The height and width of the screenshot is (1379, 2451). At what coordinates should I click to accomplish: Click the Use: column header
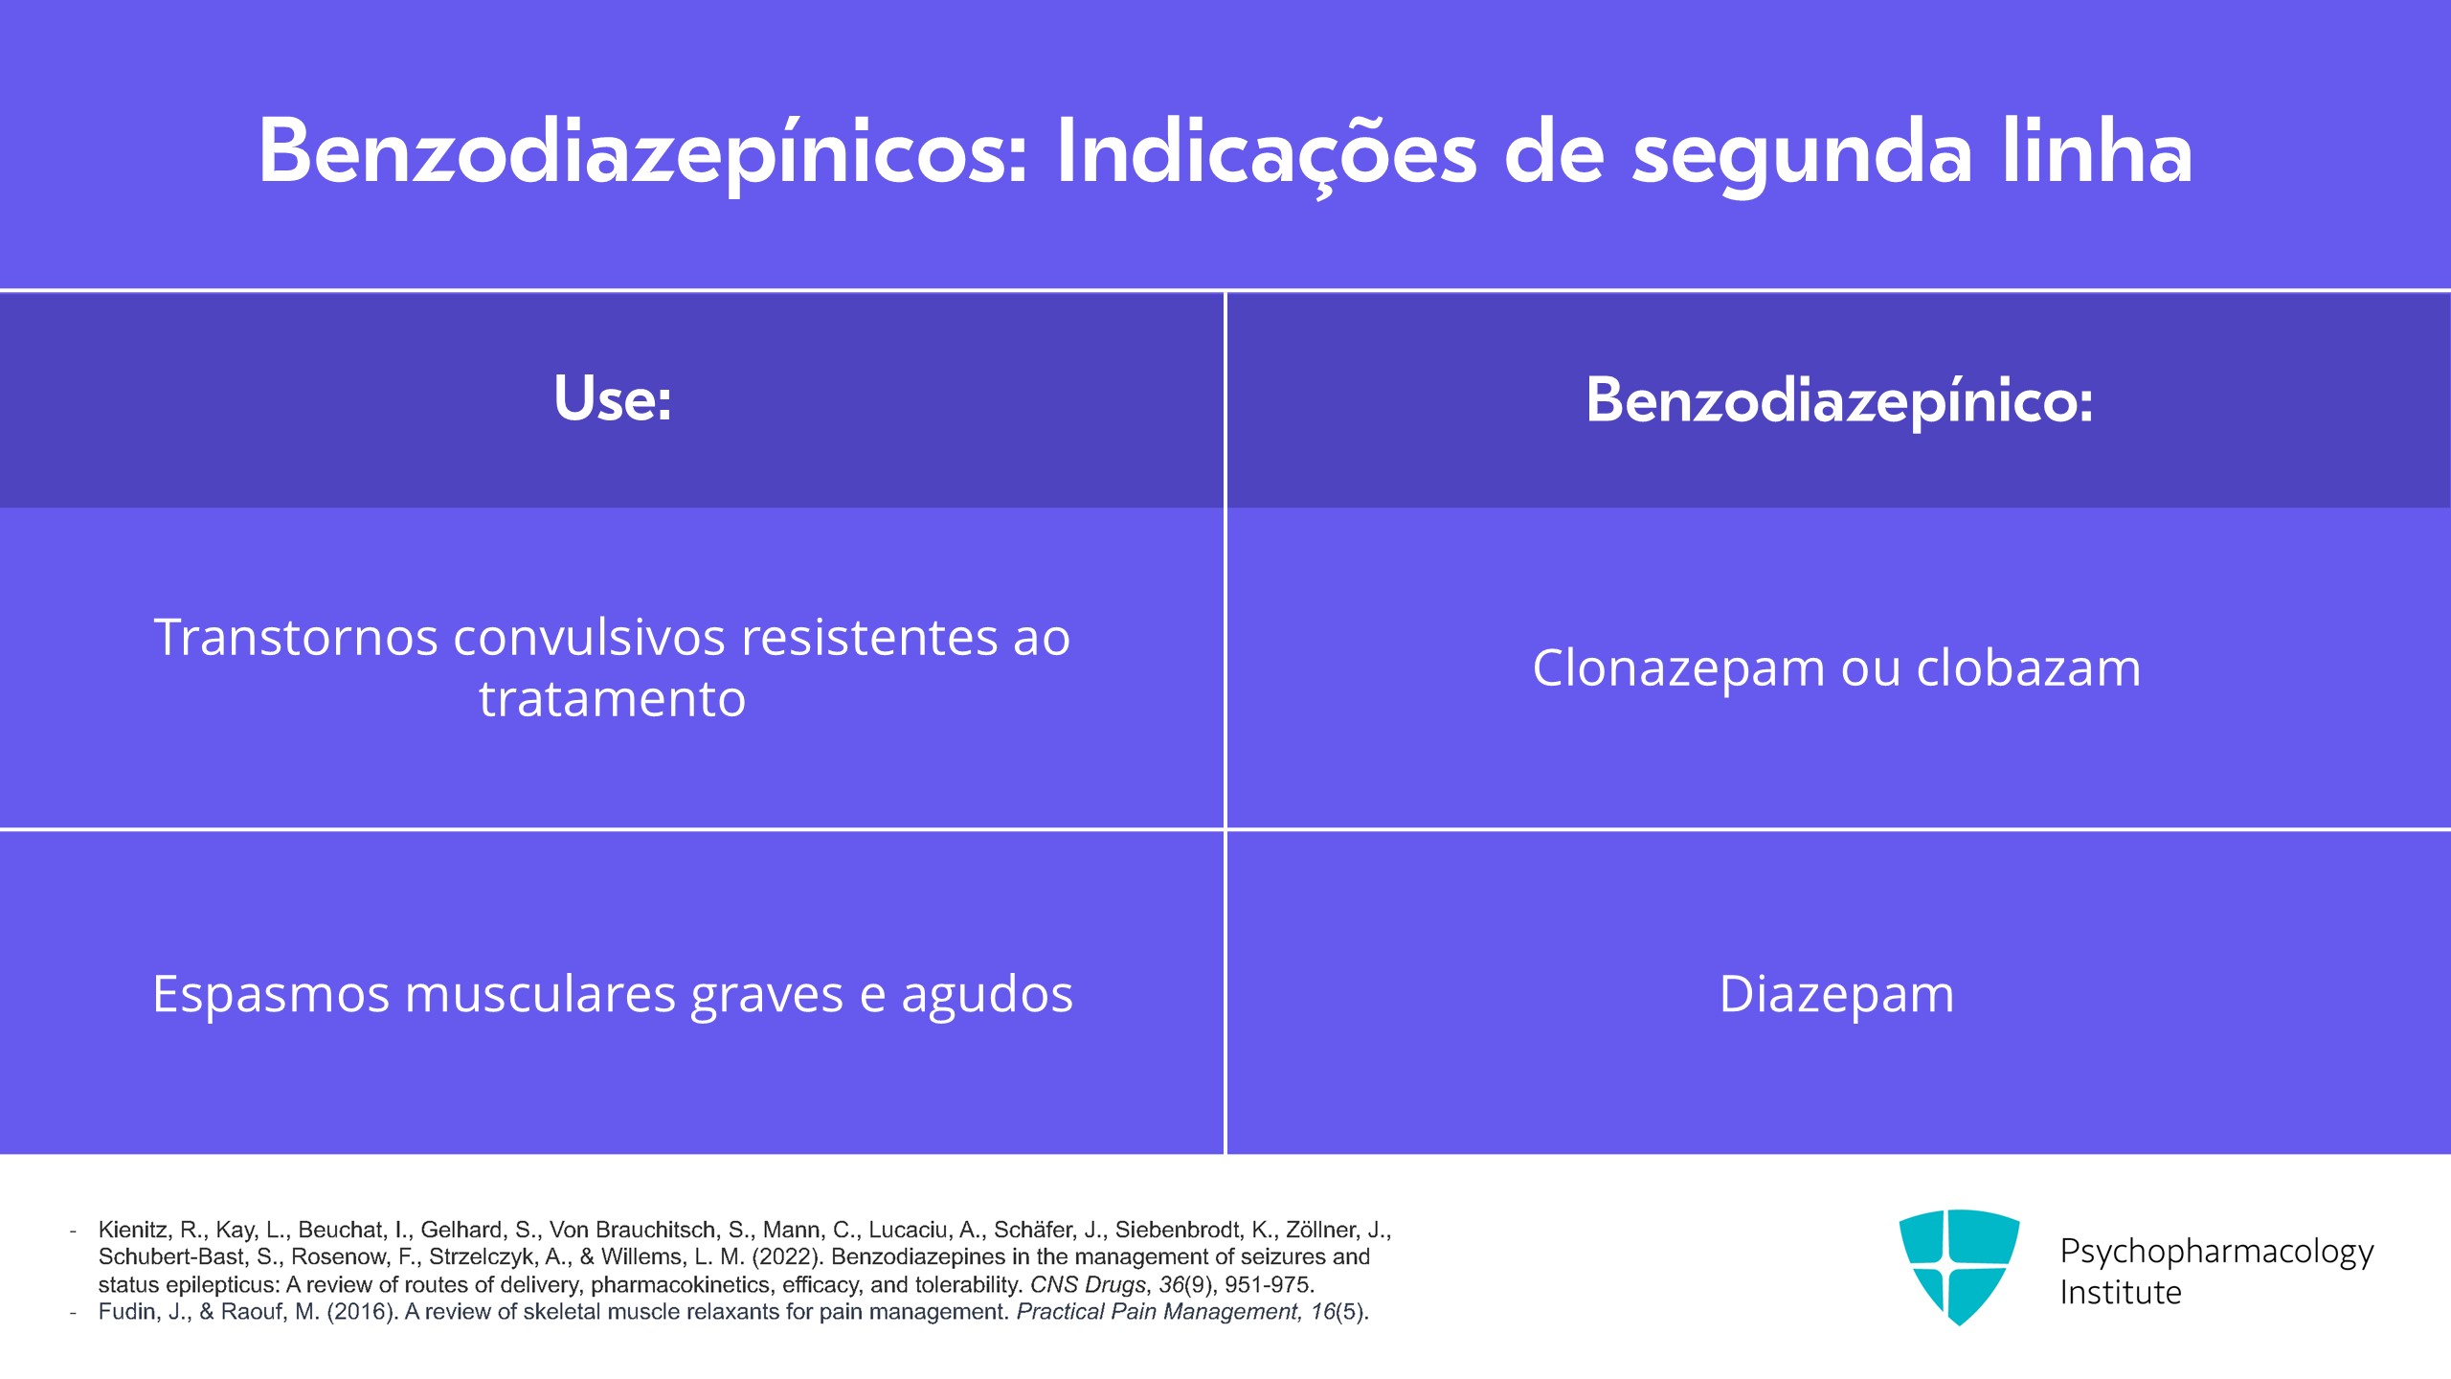(x=613, y=398)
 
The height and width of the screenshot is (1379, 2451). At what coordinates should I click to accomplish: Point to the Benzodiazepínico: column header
(x=1838, y=398)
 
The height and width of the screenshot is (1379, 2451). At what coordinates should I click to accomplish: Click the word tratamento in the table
(x=613, y=698)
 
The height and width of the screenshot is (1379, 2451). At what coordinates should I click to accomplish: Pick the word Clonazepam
(x=1678, y=667)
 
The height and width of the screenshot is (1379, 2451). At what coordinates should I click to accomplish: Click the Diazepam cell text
(x=1836, y=993)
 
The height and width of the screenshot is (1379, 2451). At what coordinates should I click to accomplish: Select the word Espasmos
(x=271, y=993)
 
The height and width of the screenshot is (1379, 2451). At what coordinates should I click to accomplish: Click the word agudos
(x=987, y=993)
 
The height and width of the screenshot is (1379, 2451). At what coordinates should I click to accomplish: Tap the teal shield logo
(x=1959, y=1265)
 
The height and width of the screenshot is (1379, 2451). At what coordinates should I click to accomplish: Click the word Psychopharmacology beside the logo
(x=2216, y=1251)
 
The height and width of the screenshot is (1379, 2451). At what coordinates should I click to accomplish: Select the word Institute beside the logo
(x=2121, y=1293)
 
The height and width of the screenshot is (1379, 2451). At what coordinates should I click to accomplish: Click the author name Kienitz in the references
(x=133, y=1230)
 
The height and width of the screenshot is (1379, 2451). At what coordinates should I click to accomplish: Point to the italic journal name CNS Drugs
(x=1088, y=1284)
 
